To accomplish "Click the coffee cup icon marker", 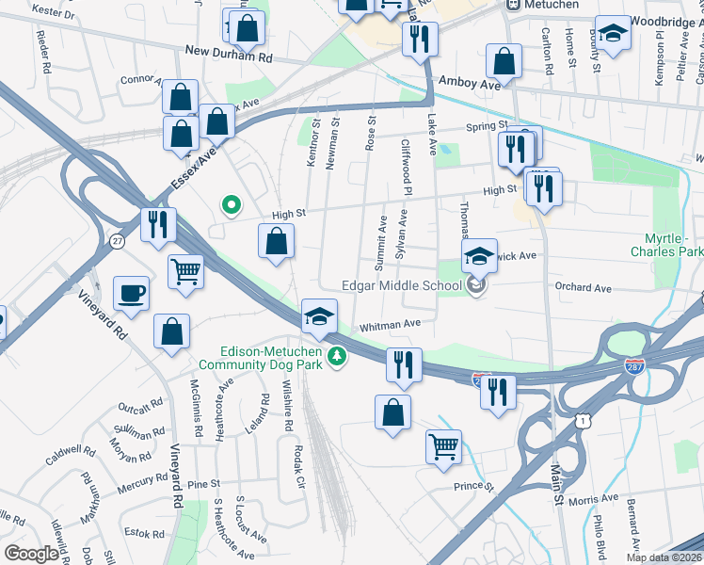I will click(x=131, y=292).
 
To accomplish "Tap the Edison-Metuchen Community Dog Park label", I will click(x=259, y=356).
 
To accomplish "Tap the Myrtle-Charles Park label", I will click(x=667, y=246).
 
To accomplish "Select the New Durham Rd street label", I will click(x=228, y=56).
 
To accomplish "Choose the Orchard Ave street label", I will click(x=583, y=288).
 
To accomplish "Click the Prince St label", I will click(x=473, y=487).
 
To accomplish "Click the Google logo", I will click(x=31, y=554).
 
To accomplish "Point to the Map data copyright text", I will click(x=663, y=557).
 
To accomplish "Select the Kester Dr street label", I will click(x=54, y=11).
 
